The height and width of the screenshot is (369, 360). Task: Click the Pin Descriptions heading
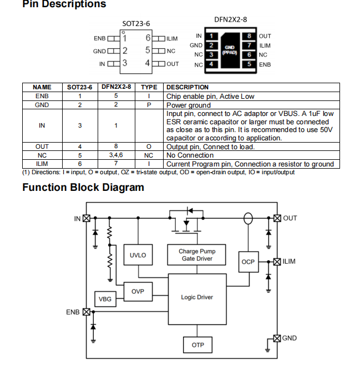pyautogui.click(x=64, y=5)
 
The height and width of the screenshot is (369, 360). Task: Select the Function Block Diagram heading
pyautogui.click(x=83, y=187)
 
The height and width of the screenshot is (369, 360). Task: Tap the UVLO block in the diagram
pyautogui.click(x=138, y=255)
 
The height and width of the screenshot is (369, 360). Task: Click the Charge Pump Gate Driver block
pyautogui.click(x=197, y=255)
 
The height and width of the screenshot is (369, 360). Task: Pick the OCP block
pyautogui.click(x=247, y=261)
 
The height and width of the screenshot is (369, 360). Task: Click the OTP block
pyautogui.click(x=197, y=345)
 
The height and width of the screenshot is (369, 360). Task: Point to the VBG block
pyautogui.click(x=105, y=300)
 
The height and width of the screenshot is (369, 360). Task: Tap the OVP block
pyautogui.click(x=138, y=291)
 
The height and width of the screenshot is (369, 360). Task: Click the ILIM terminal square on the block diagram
pyautogui.click(x=277, y=261)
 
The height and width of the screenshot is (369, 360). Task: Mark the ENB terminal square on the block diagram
pyautogui.click(x=87, y=312)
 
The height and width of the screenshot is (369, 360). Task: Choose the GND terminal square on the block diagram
pyautogui.click(x=277, y=338)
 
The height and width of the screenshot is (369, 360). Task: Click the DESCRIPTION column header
pyautogui.click(x=187, y=87)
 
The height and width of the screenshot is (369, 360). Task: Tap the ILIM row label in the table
pyautogui.click(x=42, y=164)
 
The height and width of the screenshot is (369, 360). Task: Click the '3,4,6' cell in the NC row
pyautogui.click(x=116, y=156)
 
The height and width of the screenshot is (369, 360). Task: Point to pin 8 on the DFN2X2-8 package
pyautogui.click(x=249, y=36)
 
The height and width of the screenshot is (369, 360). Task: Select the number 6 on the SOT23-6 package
pyautogui.click(x=148, y=38)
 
